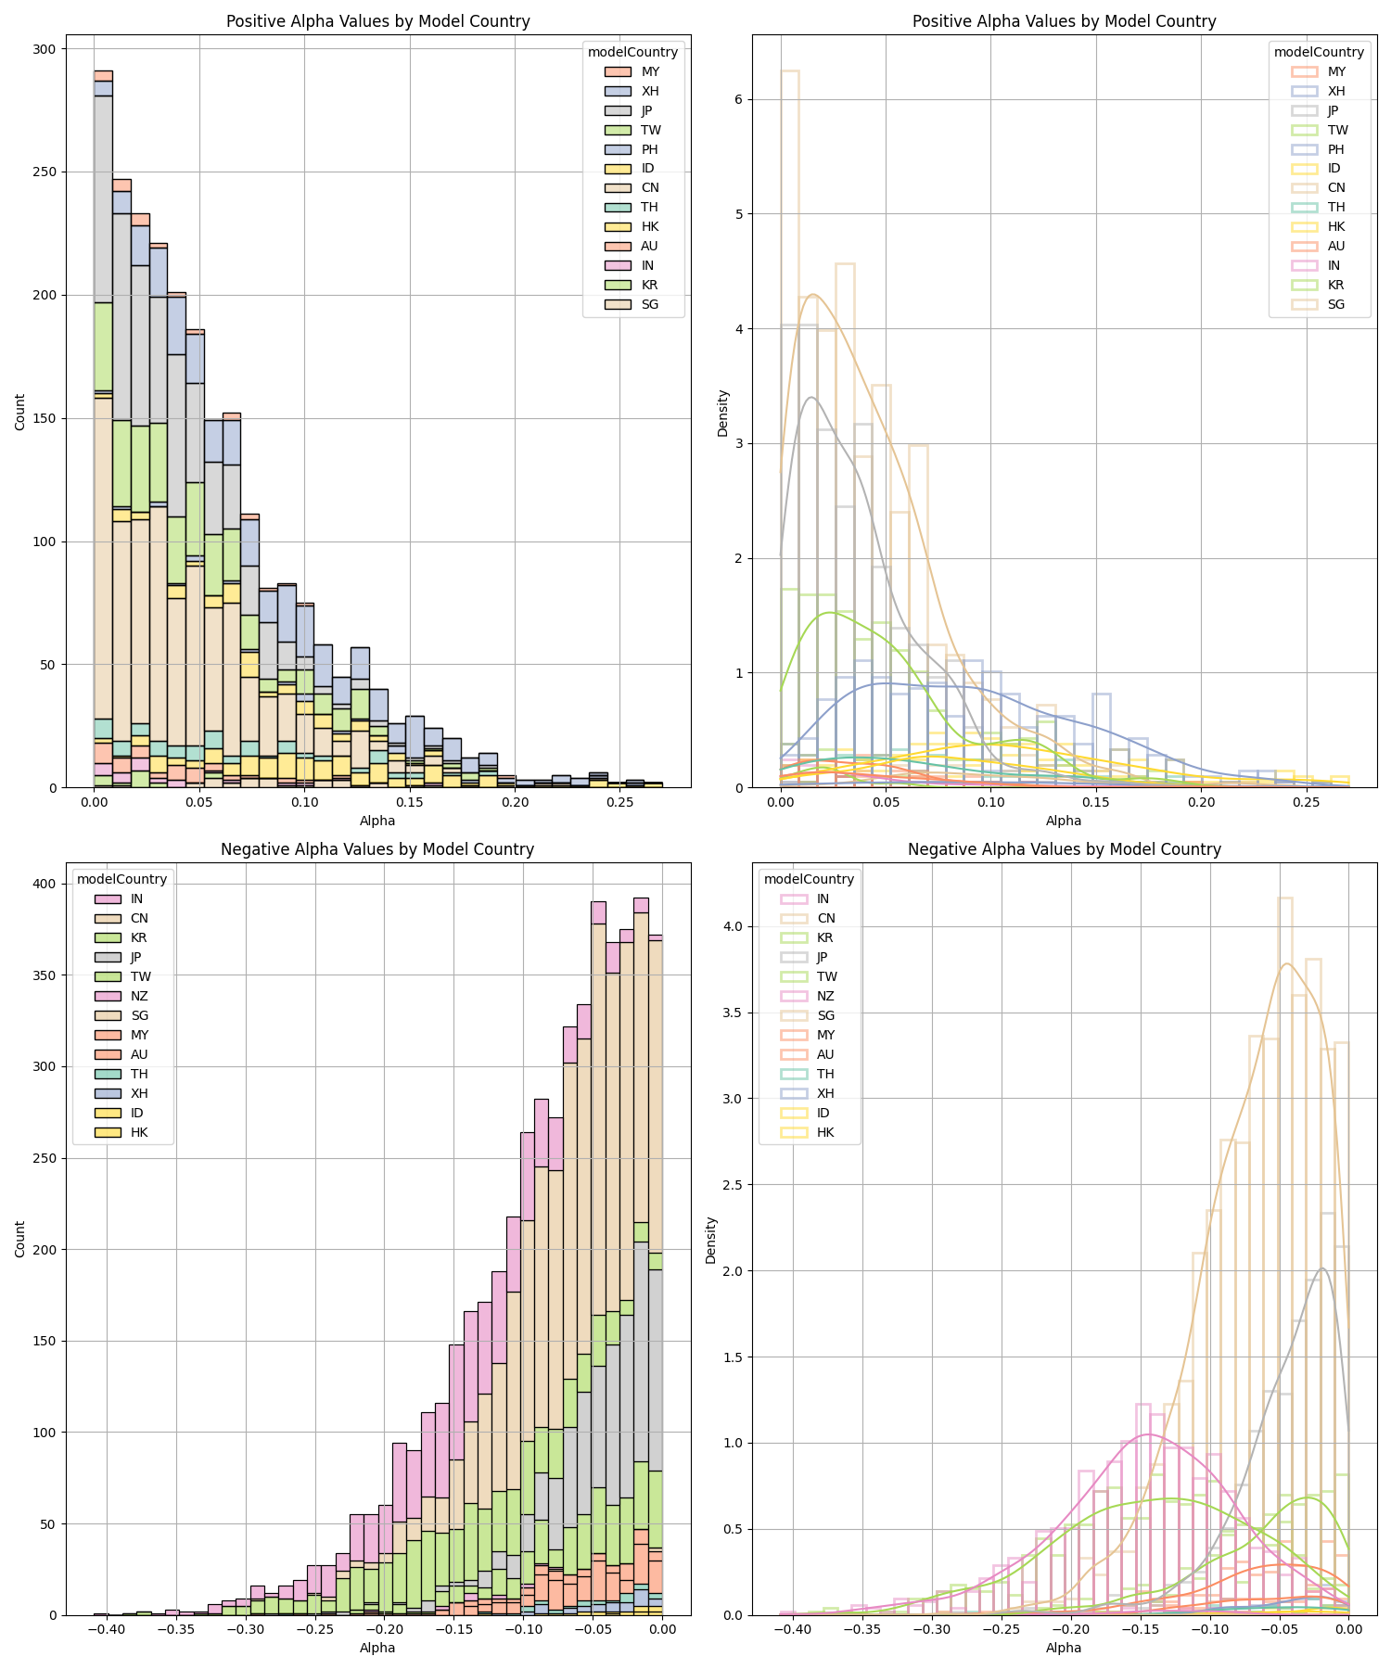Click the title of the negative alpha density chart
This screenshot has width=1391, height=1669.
tap(1064, 849)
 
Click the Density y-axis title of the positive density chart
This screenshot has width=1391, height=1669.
tap(723, 413)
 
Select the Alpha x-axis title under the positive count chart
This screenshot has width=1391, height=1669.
tap(377, 821)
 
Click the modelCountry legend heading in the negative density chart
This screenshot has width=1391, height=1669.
tap(808, 879)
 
